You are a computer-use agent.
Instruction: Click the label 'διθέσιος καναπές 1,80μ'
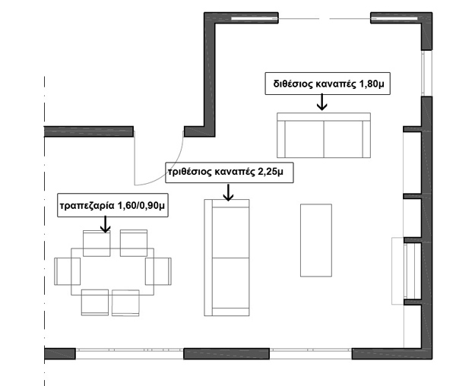coord(326,83)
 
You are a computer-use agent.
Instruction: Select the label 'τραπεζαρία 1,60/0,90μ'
coord(113,206)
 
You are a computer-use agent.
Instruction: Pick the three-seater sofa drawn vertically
coord(227,258)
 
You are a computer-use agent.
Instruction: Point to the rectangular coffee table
coord(315,239)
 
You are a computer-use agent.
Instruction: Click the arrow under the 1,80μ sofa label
coord(322,103)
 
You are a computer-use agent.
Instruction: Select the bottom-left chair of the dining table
coord(95,302)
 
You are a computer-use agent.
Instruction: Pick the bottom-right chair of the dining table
coord(125,302)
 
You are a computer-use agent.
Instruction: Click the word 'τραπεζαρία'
coord(87,206)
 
